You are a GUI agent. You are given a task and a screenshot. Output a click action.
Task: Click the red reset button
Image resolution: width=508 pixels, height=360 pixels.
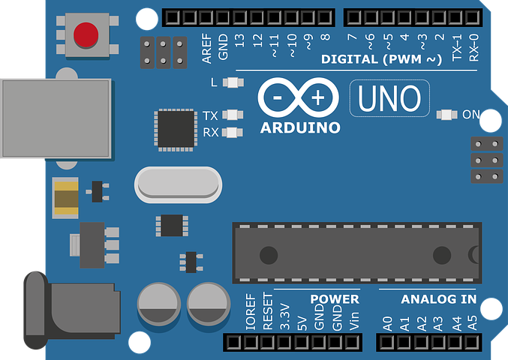[x=86, y=34]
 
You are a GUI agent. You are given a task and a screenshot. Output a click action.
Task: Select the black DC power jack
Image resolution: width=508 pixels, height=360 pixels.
[x=71, y=304]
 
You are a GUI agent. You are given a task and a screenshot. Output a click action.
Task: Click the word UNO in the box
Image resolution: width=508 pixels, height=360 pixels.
[x=389, y=99]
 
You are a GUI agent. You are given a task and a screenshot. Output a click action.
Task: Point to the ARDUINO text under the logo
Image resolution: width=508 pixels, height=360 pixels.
[x=300, y=127]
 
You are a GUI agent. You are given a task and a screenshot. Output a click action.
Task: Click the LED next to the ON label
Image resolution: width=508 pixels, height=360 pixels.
[x=447, y=115]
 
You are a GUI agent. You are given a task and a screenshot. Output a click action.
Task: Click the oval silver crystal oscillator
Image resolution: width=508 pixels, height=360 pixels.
[x=178, y=183]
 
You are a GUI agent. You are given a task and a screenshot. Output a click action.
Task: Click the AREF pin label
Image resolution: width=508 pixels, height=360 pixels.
[x=206, y=46]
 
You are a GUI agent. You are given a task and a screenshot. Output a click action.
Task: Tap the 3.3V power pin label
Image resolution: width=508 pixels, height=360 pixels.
[x=284, y=317]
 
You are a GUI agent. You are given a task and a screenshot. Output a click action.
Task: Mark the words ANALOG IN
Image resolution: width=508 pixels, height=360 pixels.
[x=438, y=299]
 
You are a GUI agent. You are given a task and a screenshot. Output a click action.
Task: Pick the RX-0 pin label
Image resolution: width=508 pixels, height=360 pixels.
[x=473, y=46]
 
